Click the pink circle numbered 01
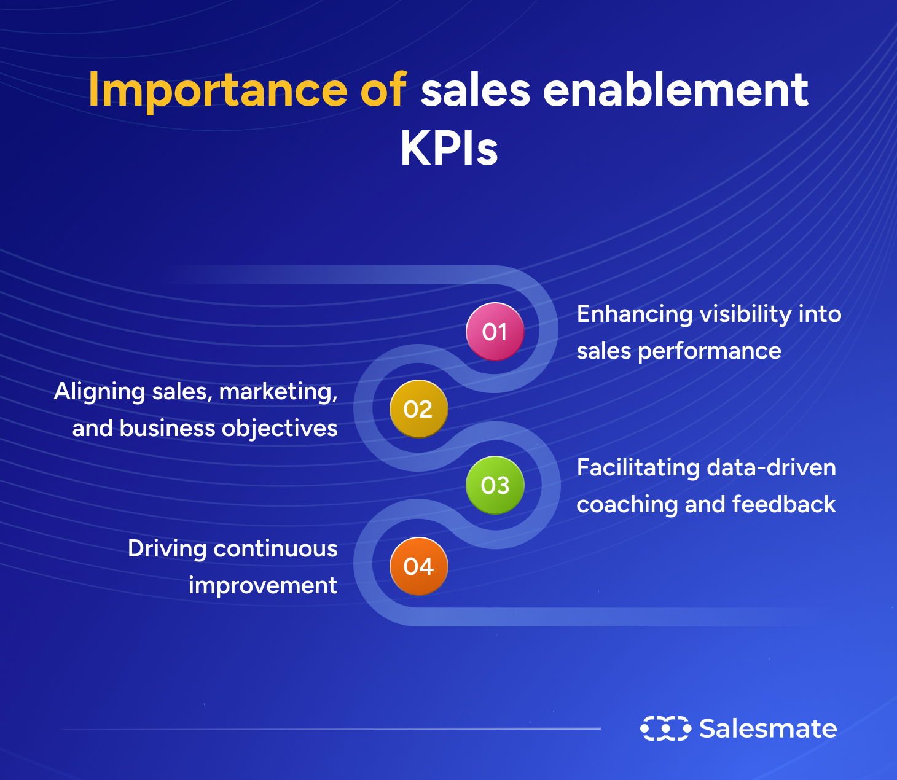click(495, 332)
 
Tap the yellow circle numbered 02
click(418, 409)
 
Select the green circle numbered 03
click(495, 485)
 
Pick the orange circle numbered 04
click(418, 566)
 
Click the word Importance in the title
click(218, 91)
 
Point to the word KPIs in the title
click(449, 149)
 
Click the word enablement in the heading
click(675, 90)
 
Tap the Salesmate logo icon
click(665, 728)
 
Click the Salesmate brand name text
click(768, 728)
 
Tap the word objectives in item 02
click(280, 429)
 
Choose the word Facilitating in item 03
click(638, 467)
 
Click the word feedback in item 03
click(784, 504)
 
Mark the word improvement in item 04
click(263, 586)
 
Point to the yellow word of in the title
click(383, 90)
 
